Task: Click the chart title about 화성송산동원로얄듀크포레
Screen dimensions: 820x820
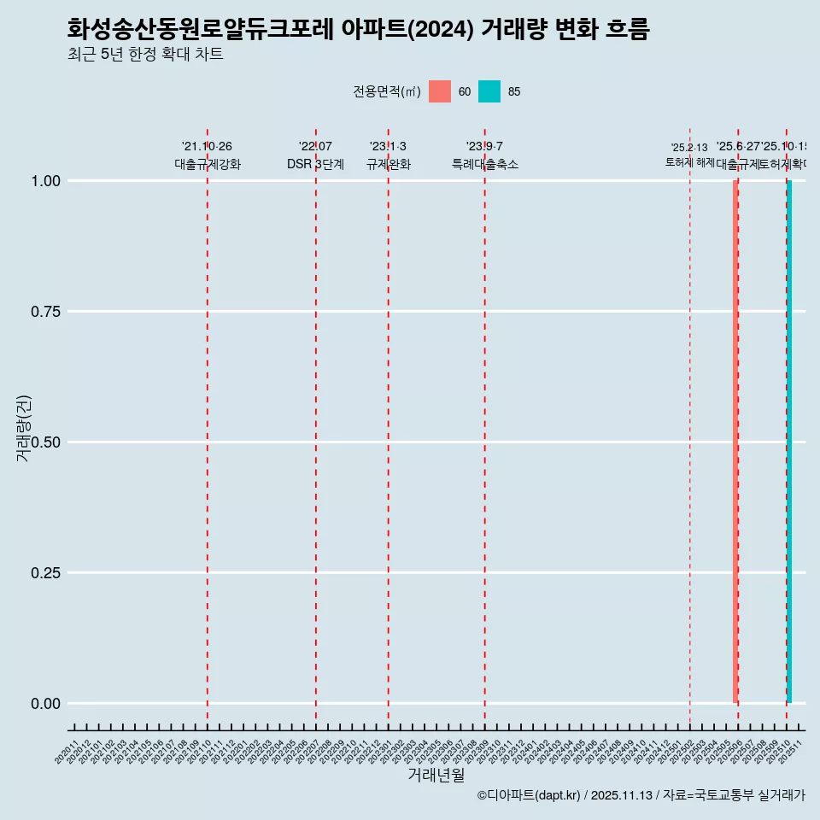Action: [x=358, y=30]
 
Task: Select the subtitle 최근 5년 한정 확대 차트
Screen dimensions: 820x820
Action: [x=145, y=56]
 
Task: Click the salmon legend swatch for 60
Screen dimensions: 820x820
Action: [x=440, y=91]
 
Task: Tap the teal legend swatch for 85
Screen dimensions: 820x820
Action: [x=489, y=91]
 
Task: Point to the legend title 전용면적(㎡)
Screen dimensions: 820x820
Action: [x=386, y=91]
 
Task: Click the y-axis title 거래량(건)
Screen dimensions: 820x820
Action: [x=24, y=428]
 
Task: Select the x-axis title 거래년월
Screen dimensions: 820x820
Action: [x=436, y=776]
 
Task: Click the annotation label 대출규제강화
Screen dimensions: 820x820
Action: [x=208, y=164]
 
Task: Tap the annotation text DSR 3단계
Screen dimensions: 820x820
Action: [x=315, y=164]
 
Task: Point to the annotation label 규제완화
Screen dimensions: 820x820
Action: [x=389, y=164]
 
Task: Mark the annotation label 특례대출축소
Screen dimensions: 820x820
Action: [x=485, y=164]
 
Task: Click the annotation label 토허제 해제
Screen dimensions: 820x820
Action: [x=689, y=162]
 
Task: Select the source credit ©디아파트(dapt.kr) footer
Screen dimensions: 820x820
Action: [x=641, y=795]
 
